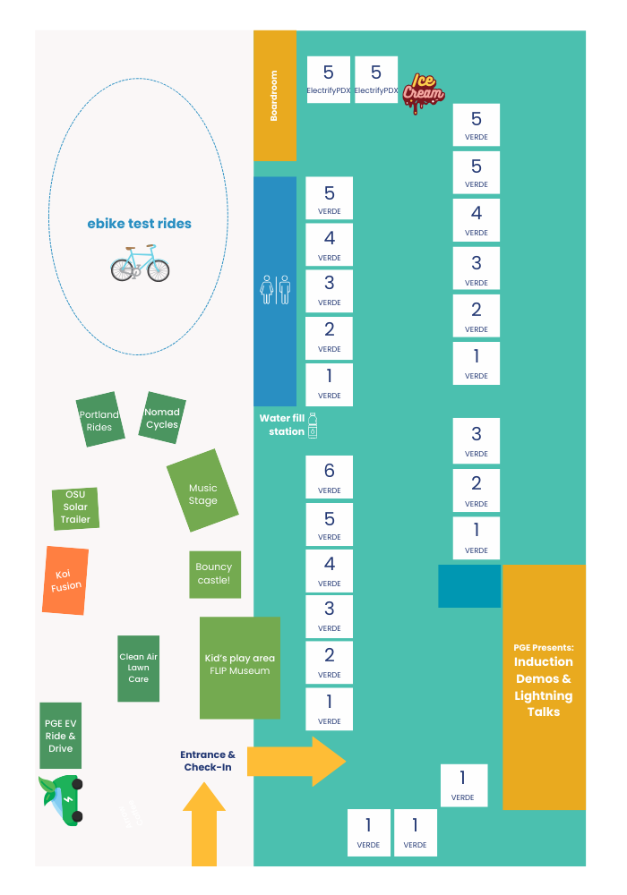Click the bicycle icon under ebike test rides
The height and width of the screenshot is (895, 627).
[x=140, y=264]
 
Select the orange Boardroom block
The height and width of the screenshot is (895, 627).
[x=275, y=96]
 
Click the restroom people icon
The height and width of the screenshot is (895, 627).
[x=275, y=290]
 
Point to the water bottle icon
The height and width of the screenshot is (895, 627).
[x=313, y=425]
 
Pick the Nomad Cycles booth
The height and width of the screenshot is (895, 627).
[x=162, y=418]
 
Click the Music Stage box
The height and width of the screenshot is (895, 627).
[x=202, y=494]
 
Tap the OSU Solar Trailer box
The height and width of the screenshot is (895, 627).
[x=75, y=507]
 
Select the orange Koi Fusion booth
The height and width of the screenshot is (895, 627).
[x=65, y=580]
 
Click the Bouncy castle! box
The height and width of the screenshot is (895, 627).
[x=214, y=574]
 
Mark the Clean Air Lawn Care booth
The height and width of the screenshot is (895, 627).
[x=138, y=668]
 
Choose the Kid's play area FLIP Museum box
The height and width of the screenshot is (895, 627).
[x=239, y=667]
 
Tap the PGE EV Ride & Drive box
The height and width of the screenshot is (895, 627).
[x=60, y=736]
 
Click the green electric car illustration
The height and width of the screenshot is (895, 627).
[x=63, y=799]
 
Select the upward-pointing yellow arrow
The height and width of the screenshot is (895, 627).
[x=204, y=824]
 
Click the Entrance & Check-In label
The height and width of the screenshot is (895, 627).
[x=208, y=761]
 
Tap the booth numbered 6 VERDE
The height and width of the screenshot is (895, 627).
[x=329, y=478]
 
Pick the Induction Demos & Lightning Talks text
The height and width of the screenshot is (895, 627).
[x=544, y=686]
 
